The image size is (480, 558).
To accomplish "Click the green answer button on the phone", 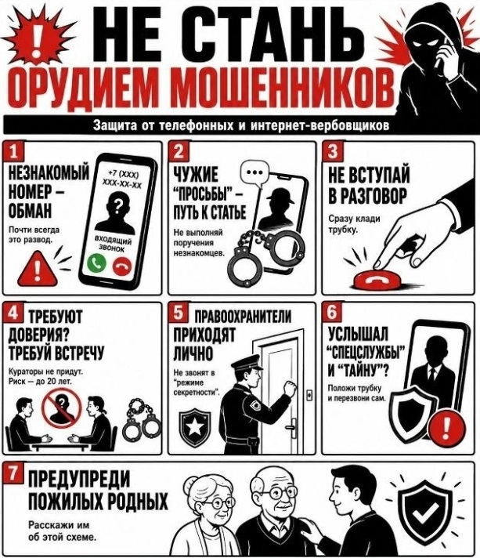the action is pyautogui.click(x=97, y=263).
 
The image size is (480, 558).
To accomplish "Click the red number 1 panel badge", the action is pyautogui.click(x=13, y=151).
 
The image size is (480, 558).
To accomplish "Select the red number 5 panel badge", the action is pyautogui.click(x=179, y=312).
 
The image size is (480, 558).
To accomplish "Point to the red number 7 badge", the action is pyautogui.click(x=13, y=473).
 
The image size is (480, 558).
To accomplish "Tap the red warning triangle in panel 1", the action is pyautogui.click(x=37, y=269).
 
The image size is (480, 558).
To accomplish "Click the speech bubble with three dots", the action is pyautogui.click(x=254, y=174).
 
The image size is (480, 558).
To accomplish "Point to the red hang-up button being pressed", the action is pyautogui.click(x=377, y=281).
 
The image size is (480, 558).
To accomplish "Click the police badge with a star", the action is pyautogui.click(x=194, y=427).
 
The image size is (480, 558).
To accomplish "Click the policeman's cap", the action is pyautogui.click(x=247, y=364).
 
